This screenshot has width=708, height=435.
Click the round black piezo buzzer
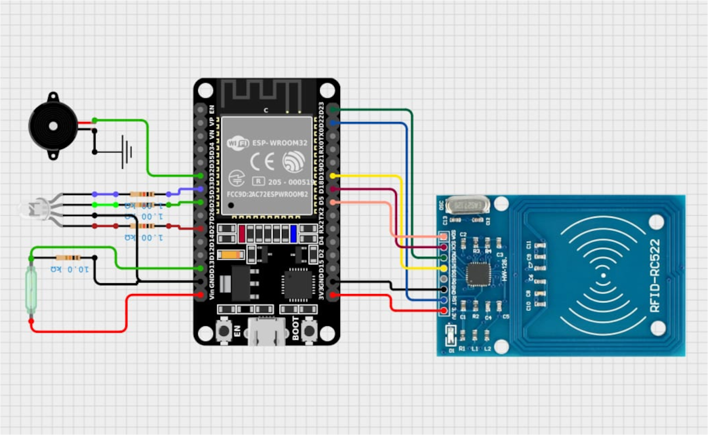50,125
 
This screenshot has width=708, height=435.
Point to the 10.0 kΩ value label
69,269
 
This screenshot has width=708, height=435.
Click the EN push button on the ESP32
222,331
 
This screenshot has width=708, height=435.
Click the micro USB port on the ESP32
266,333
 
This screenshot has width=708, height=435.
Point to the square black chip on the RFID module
479,274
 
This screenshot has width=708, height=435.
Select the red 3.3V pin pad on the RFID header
444,311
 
